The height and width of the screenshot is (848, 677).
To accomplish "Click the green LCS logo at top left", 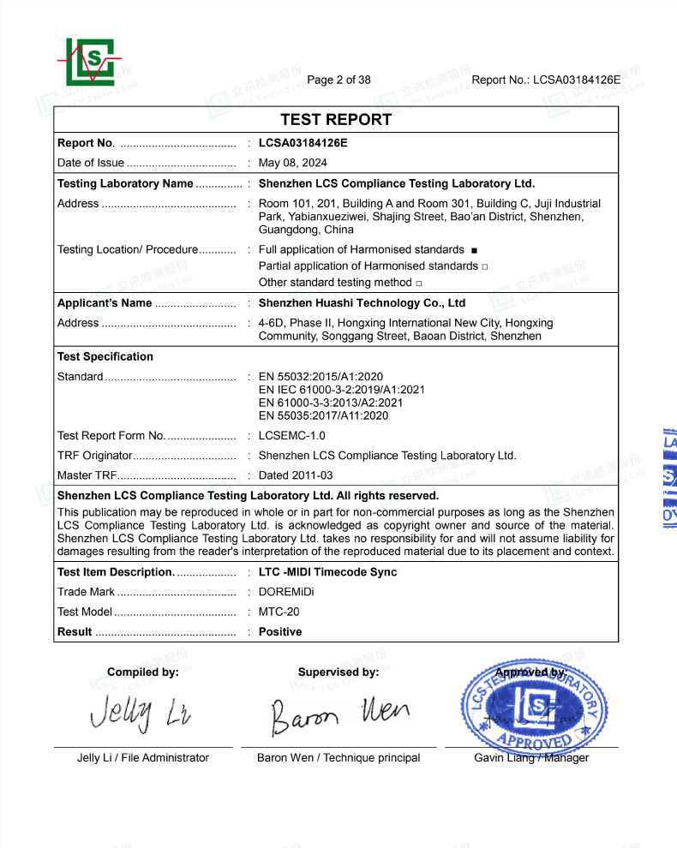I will pos(90,62).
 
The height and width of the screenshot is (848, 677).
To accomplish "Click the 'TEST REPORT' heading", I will pos(336,120).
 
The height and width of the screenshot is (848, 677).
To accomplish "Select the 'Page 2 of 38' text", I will pos(338,81).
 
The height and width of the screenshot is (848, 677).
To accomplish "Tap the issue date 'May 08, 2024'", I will pos(292,163).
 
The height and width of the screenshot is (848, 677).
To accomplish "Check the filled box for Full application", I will pos(473,250).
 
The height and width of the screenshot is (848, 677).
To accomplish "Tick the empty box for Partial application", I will pos(485,266).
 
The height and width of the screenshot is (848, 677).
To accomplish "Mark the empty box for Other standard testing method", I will pos(419,283).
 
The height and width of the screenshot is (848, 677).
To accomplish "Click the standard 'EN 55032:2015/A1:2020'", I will pos(321,377).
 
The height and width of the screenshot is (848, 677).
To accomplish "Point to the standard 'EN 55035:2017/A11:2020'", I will pos(323,415).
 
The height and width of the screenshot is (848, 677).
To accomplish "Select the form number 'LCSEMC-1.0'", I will pos(291,436).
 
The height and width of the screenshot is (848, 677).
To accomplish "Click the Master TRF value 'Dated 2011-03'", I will pos(296,475).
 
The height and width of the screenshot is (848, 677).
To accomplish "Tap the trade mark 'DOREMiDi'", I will pos(287,592).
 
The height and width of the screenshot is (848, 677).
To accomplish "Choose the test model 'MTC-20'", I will pos(279,612).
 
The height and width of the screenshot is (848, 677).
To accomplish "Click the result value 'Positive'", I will pos(280,631).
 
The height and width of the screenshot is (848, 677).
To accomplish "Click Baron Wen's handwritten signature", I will pos(339,714).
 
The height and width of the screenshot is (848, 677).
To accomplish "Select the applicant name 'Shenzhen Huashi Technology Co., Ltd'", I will pos(362,303).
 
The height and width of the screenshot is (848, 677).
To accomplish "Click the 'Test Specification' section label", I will pos(105,356).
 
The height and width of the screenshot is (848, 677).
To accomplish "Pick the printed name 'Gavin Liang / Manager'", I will pos(531,757).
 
